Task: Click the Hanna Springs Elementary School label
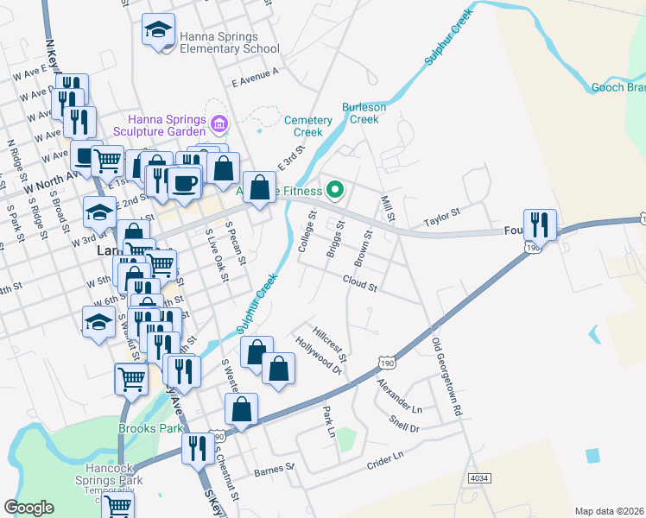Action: coord(231,43)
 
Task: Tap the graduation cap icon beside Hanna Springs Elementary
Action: coord(157,32)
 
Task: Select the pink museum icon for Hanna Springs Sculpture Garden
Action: coord(218,125)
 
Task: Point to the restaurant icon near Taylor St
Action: coord(540,224)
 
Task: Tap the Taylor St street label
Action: coord(441,212)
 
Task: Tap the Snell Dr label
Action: coord(403,423)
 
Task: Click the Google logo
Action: coord(28,508)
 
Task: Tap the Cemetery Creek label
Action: coord(308,126)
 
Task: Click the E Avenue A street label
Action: coord(256,79)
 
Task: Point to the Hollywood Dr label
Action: coord(319,353)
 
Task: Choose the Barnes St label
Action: coord(275,471)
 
